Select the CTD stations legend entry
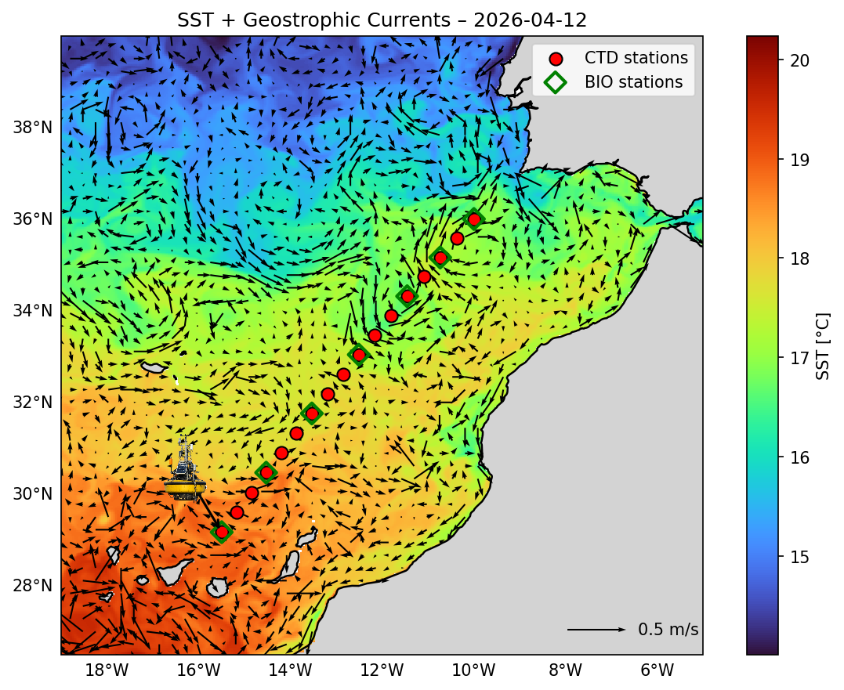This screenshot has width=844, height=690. pyautogui.click(x=636, y=57)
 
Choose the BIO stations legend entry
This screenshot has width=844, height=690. pyautogui.click(x=633, y=81)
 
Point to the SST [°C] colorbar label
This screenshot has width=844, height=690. pyautogui.click(x=823, y=345)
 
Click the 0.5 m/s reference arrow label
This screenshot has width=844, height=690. pyautogui.click(x=668, y=630)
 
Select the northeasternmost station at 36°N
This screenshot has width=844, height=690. pyautogui.click(x=473, y=219)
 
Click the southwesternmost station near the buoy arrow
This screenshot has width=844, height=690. pyautogui.click(x=222, y=532)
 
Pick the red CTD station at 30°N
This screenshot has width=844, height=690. pyautogui.click(x=252, y=493)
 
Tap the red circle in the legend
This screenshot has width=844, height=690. pyautogui.click(x=556, y=58)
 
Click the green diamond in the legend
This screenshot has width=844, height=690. pyautogui.click(x=556, y=81)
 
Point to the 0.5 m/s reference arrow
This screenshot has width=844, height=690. pyautogui.click(x=596, y=630)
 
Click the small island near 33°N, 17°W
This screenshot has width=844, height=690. pyautogui.click(x=154, y=367)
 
